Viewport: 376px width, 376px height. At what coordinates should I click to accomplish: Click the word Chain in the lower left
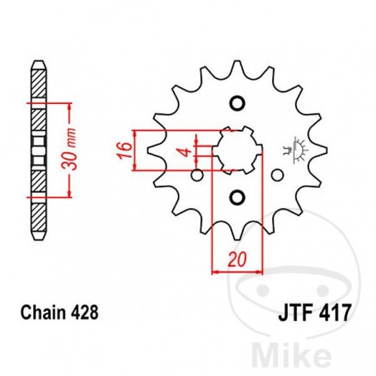point(38,314)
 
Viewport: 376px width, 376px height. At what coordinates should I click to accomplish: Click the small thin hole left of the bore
point(196,175)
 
